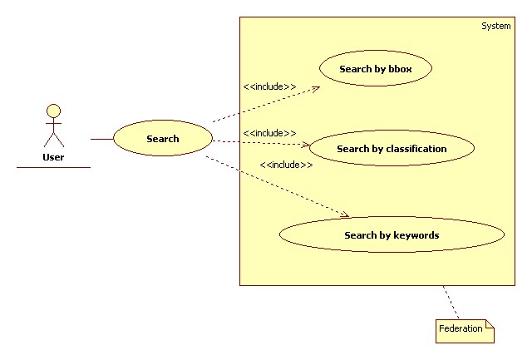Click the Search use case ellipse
point(162,139)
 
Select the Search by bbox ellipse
point(374,69)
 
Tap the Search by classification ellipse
point(392,149)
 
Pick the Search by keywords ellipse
point(392,235)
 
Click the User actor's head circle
point(53,110)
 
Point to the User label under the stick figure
point(53,156)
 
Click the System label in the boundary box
point(495,27)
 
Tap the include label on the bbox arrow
point(269,86)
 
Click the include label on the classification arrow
point(269,133)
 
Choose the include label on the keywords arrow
point(286,165)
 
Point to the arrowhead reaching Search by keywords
point(344,216)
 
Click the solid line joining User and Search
point(101,139)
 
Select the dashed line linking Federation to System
point(451,302)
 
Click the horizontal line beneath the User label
point(53,167)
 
